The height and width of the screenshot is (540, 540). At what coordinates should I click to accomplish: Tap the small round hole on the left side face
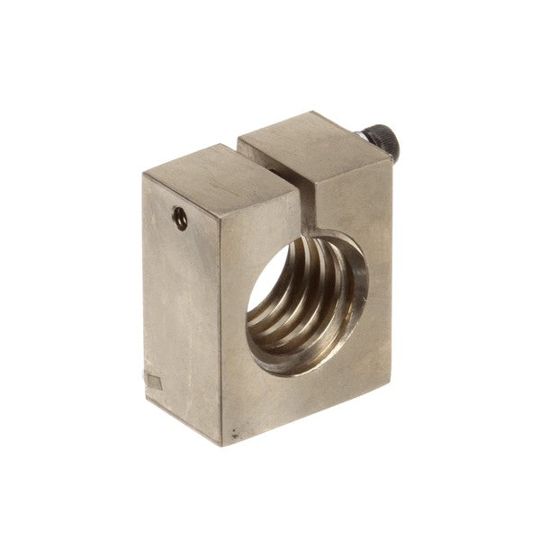[181, 219]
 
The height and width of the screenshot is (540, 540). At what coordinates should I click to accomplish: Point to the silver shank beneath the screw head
[364, 135]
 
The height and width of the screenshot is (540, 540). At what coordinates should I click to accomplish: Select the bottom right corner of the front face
[390, 379]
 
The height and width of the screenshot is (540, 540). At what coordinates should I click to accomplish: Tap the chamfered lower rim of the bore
[297, 364]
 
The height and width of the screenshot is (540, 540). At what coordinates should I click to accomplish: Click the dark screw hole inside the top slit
[267, 166]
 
